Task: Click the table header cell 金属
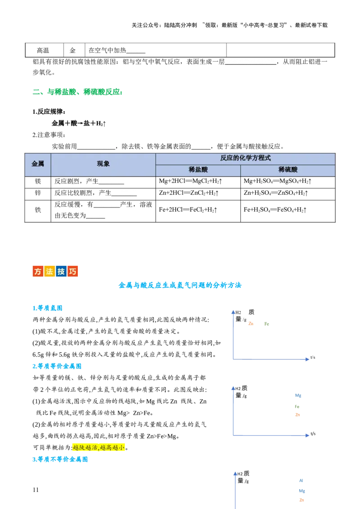38,164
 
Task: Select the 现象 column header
103,164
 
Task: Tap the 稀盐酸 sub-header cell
198,170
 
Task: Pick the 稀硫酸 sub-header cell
288,170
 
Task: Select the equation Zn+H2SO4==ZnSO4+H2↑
276,193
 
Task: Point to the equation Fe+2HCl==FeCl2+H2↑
188,210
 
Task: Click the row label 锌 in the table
38,193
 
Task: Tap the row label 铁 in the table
38,210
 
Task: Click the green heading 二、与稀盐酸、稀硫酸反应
78,92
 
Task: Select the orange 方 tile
38,272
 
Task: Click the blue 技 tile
61,272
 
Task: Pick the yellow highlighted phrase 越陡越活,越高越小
99,448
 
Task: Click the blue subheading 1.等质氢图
47,308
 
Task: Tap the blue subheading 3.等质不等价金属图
60,460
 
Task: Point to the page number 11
36,490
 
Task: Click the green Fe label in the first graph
267,324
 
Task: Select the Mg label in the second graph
298,395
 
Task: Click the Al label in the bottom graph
301,480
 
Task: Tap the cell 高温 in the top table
43,50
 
